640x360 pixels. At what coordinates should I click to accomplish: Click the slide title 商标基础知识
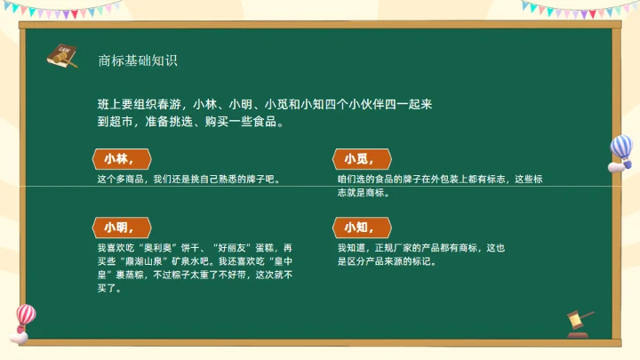click(x=138, y=60)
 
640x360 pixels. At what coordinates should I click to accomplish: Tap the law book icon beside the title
click(x=61, y=56)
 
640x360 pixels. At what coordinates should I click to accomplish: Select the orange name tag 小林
click(x=122, y=159)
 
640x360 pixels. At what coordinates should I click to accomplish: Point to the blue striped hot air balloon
click(x=620, y=152)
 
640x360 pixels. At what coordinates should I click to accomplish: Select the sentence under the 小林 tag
click(x=189, y=180)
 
